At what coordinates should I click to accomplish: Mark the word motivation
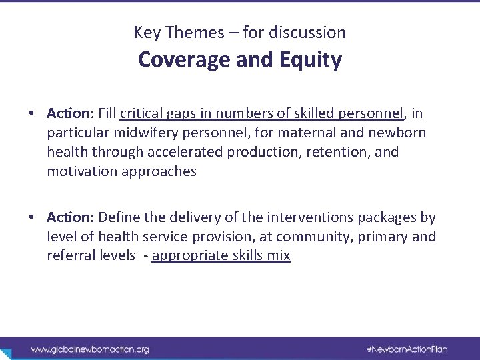tap(78, 171)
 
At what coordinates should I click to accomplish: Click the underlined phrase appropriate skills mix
tap(221, 257)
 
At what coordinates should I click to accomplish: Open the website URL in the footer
tap(89, 349)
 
